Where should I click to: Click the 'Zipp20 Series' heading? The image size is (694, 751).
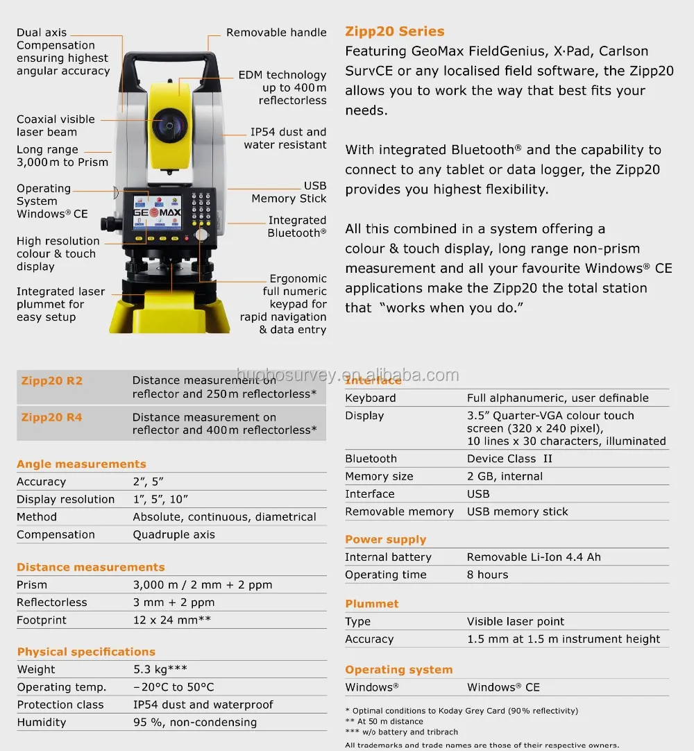[x=394, y=31]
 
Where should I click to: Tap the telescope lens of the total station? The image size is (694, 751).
[x=169, y=126]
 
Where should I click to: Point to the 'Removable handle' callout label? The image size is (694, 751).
[x=276, y=33]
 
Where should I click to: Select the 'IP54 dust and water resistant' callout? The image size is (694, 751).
[x=285, y=138]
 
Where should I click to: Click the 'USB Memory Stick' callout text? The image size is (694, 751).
[x=289, y=192]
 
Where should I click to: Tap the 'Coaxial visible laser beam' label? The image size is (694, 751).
[x=56, y=126]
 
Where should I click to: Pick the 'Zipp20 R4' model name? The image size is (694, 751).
[x=52, y=417]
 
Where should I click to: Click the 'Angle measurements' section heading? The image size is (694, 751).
[x=81, y=464]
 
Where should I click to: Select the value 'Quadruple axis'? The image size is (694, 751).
[x=173, y=534]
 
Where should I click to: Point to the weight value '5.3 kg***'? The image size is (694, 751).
[x=160, y=669]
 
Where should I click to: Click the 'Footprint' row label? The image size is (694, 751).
[x=42, y=620]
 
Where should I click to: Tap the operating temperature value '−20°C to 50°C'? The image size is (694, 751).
[x=173, y=687]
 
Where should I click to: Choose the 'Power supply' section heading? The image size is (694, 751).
[x=385, y=539]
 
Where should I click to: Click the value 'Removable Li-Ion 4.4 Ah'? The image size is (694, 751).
[x=534, y=557]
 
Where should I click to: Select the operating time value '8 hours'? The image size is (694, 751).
[x=487, y=575]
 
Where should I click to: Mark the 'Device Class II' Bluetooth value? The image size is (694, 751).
[x=509, y=459]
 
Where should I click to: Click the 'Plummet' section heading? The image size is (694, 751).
[x=371, y=604]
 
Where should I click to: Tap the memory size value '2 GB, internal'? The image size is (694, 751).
[x=505, y=476]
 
